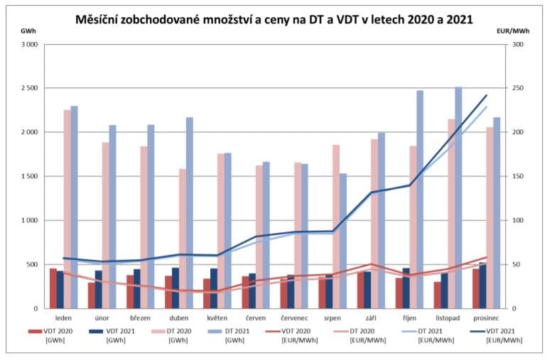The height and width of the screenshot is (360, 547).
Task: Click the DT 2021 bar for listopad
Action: click(x=458, y=199)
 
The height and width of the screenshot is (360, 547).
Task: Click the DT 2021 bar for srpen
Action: click(x=343, y=241)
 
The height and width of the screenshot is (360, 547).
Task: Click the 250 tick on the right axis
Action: click(x=517, y=88)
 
